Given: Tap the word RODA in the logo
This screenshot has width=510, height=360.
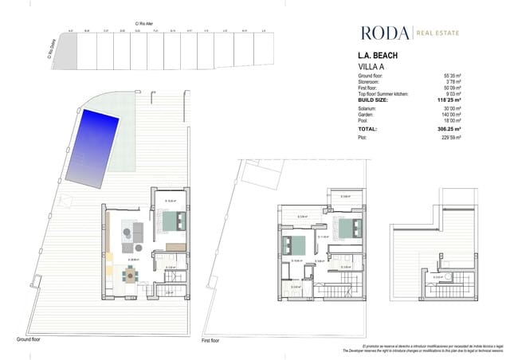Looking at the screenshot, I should (x=384, y=33).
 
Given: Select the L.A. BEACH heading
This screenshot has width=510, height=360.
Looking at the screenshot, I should (x=379, y=57).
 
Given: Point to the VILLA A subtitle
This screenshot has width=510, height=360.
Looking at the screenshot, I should (x=371, y=67).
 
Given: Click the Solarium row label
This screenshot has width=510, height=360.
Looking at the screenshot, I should (x=368, y=108).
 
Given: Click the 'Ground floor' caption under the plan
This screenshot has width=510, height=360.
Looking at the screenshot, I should (x=29, y=338).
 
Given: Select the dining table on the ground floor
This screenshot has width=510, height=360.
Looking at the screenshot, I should (x=129, y=276).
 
